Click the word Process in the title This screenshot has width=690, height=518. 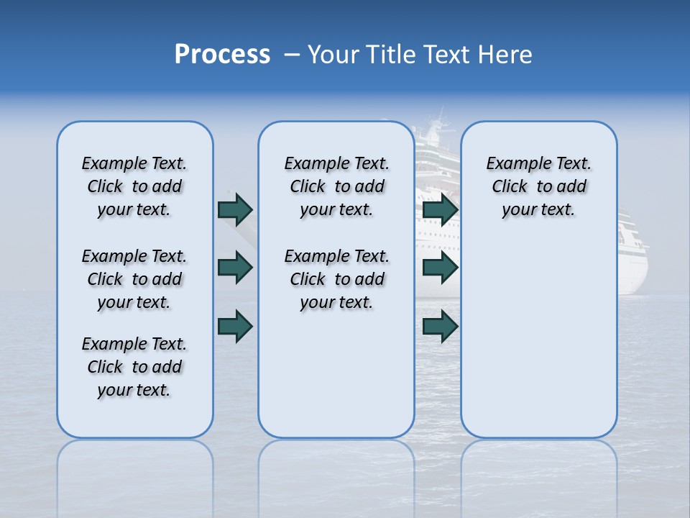pos(222,55)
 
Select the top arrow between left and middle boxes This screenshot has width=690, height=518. pos(235,209)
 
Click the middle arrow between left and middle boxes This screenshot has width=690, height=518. pos(235,268)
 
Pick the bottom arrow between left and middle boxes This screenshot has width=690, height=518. pos(235,327)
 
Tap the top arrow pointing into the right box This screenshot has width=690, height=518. pos(440,209)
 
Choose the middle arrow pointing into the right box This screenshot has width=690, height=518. pos(440,268)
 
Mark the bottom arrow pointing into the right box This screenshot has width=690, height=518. pos(440,327)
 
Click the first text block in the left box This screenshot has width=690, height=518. pos(134,186)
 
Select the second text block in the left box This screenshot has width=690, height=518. pos(134,279)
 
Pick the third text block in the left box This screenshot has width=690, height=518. pos(134,367)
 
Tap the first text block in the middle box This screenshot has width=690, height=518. pos(336,186)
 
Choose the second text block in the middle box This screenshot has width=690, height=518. pos(336,279)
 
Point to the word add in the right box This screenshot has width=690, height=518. pos(572,187)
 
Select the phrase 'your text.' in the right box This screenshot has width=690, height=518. pos(538,210)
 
